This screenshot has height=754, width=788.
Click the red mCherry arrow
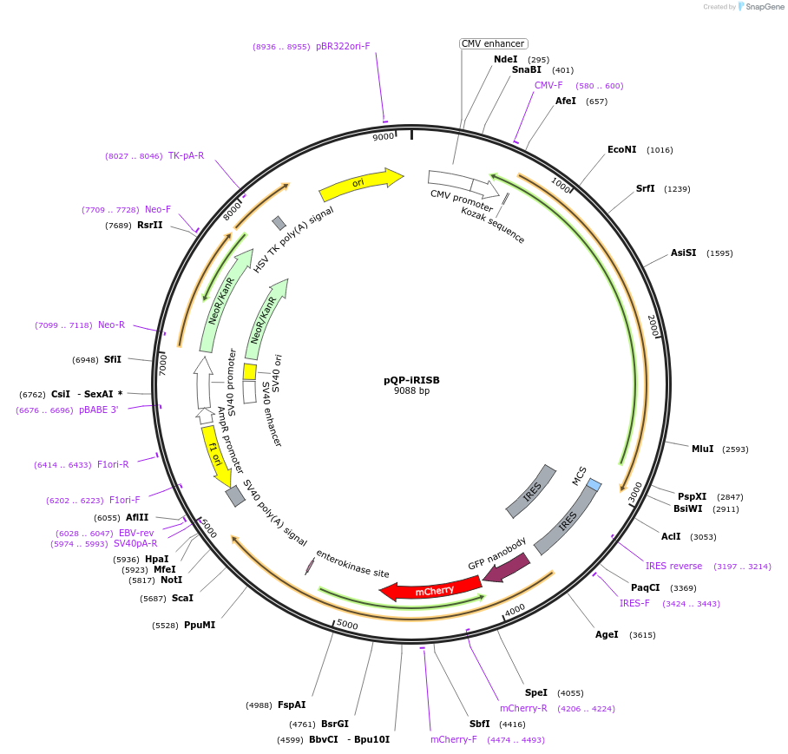(431, 588)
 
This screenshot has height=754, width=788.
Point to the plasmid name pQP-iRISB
(411, 379)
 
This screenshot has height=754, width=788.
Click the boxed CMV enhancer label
(493, 43)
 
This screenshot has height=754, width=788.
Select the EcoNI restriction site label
(621, 149)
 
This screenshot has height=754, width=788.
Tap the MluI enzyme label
(702, 449)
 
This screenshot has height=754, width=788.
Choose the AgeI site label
(607, 634)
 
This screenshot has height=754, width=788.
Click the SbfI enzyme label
(479, 723)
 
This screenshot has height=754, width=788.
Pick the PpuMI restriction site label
(200, 625)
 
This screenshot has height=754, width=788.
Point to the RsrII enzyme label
(149, 225)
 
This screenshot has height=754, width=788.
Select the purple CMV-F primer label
(548, 85)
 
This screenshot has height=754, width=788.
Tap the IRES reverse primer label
(673, 566)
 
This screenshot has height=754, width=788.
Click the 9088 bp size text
(411, 390)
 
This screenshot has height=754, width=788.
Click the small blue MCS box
(594, 483)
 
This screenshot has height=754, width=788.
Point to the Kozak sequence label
(493, 225)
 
